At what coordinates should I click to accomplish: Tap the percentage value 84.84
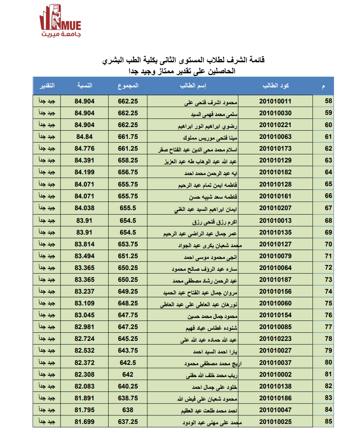coord(84,137)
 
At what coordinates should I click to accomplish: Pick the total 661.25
coord(128,149)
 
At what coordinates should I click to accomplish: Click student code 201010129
coord(275,160)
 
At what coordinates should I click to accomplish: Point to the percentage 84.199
coord(84,172)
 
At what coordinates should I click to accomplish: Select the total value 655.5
coord(128,208)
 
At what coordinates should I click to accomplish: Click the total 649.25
coord(128,291)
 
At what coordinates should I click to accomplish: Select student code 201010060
coord(275,303)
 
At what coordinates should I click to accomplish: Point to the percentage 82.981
coord(84,327)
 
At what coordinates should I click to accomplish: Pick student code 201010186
coord(275,398)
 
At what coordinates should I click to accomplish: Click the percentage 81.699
coord(84,422)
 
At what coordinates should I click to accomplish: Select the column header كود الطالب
coord(276,86)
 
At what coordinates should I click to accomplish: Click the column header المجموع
coord(128,86)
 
